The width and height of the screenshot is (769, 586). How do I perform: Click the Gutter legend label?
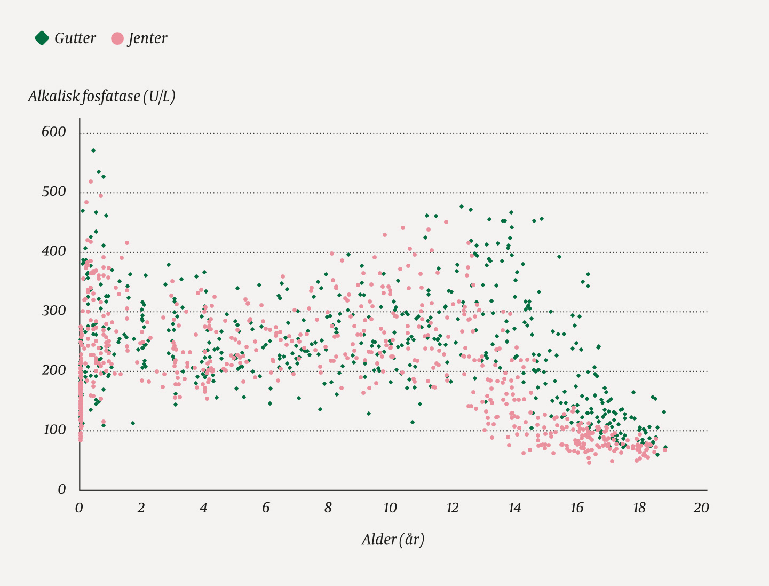pos(75,38)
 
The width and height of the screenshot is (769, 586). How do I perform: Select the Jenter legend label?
pos(147,38)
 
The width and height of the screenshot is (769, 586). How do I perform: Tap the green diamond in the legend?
pos(42,38)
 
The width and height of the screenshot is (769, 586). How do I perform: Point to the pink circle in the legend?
pos(117,38)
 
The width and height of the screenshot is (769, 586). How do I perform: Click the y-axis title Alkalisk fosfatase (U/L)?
pos(101,97)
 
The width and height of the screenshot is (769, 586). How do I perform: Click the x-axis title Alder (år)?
pos(393,540)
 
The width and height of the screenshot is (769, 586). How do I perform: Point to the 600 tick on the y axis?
pos(54,132)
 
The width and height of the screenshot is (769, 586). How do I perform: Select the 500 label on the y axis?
pos(54,192)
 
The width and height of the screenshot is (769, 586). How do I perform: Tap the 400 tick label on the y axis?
pos(54,251)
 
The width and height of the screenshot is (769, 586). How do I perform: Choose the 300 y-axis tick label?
pos(54,311)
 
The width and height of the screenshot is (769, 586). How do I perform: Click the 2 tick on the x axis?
pos(141,508)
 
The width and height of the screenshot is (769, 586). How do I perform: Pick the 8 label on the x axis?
pos(328,508)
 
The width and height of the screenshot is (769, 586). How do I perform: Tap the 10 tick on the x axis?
pos(390,508)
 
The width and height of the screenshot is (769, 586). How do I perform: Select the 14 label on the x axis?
pos(514,508)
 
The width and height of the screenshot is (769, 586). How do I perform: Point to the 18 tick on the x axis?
pos(639,508)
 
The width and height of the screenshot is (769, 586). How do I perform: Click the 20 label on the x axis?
pos(701,508)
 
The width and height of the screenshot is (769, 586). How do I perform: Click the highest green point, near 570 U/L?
pos(93,151)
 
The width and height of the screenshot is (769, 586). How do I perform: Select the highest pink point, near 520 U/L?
pos(91,181)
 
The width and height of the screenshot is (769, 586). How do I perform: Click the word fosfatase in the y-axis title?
pos(112,97)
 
